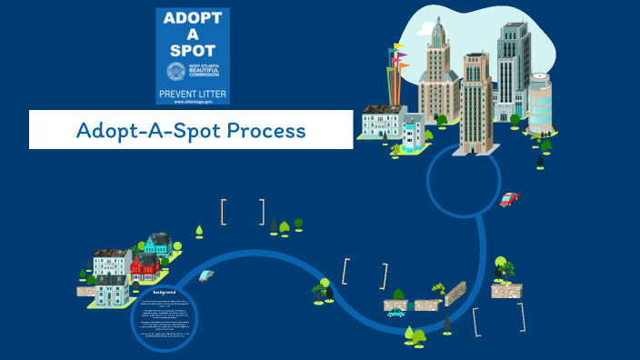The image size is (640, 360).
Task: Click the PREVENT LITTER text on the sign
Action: (193, 93)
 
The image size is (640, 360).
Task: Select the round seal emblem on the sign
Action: (175, 71)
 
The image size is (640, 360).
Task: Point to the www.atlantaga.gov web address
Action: (193, 102)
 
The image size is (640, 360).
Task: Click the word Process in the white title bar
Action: (266, 131)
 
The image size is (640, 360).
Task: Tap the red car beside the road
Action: (509, 199)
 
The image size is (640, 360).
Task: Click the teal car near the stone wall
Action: (395, 313)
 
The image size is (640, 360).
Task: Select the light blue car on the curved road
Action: (206, 275)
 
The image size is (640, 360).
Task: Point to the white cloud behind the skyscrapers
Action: (455, 27)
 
